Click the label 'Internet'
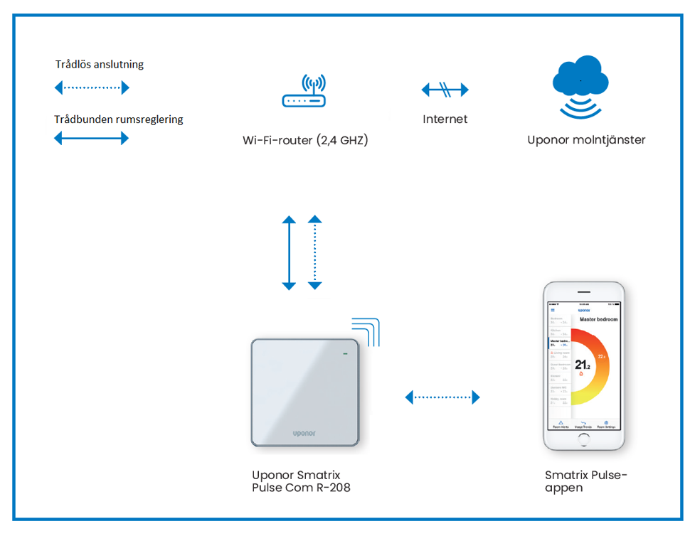(445, 119)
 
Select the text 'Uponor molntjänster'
(586, 140)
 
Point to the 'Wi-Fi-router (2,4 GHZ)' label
(305, 140)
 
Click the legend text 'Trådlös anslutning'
(100, 65)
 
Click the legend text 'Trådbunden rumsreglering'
(119, 119)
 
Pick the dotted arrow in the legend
(92, 88)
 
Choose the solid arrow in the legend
(92, 139)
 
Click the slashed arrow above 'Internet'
(445, 90)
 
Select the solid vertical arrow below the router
(289, 252)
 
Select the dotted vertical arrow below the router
(315, 252)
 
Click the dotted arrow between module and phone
(442, 397)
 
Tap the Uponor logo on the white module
(304, 432)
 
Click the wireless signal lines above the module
(367, 330)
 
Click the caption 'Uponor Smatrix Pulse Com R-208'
(301, 481)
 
